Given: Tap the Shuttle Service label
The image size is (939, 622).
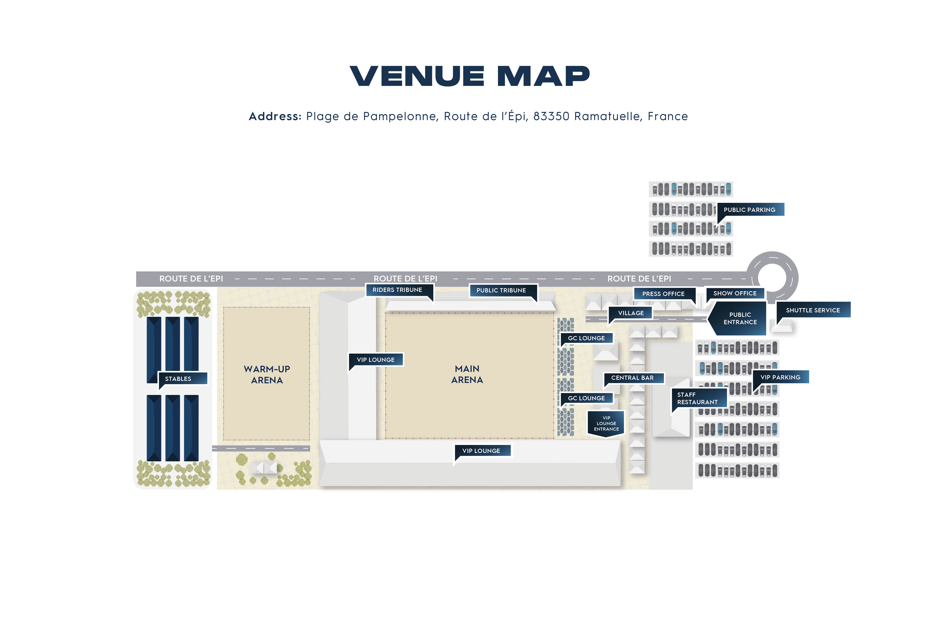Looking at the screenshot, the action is [813, 310].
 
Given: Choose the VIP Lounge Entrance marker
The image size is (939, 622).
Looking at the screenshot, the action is [606, 424].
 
